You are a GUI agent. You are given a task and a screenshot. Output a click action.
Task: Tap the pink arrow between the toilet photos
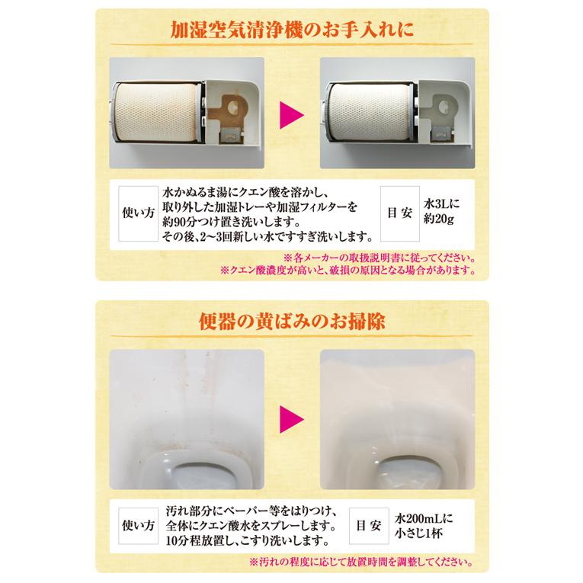coord(292,416)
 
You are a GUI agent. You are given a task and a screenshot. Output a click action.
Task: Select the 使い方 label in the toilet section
coord(138,526)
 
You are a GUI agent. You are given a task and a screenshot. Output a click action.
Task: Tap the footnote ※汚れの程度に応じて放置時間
coord(355,564)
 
